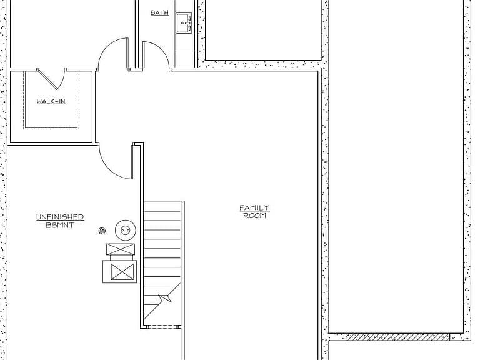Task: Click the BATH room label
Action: tap(159, 13)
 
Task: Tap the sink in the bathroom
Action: tap(183, 23)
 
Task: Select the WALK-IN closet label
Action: tap(51, 101)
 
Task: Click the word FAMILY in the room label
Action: tap(254, 208)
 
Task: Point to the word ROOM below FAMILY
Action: tap(254, 216)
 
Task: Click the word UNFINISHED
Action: tap(60, 217)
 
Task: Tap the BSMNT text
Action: tap(60, 225)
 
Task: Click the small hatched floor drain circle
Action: tap(102, 231)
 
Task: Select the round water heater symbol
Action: tap(126, 230)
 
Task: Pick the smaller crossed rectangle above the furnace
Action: tap(121, 249)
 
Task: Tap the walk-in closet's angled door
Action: tap(51, 79)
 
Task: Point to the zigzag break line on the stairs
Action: tap(164, 297)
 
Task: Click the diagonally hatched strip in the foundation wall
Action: tap(397, 337)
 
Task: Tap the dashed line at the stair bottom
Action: tap(162, 327)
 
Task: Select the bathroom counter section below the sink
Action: tap(184, 59)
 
